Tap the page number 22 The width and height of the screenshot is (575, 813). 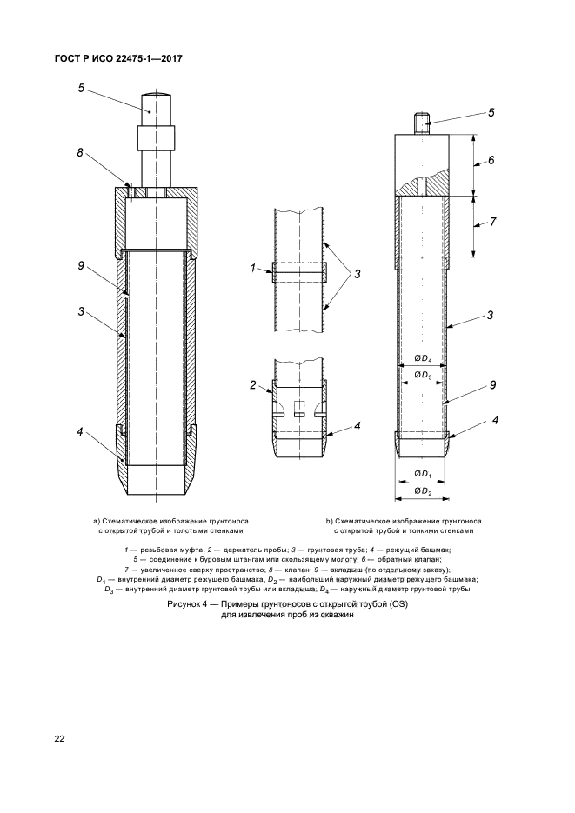60,739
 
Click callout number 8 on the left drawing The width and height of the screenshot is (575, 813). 79,153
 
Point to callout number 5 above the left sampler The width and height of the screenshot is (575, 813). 80,87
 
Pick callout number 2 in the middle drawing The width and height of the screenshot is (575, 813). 253,384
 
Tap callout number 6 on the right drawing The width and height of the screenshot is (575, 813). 491,161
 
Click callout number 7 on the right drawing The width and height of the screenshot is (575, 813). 492,222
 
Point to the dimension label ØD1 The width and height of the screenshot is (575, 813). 422,474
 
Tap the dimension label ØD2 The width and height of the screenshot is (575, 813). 422,492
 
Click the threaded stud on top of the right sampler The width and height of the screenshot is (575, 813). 422,123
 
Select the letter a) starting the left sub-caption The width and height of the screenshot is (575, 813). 97,521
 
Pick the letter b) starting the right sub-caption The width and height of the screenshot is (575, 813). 330,521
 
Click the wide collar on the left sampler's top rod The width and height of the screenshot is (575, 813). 155,139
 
